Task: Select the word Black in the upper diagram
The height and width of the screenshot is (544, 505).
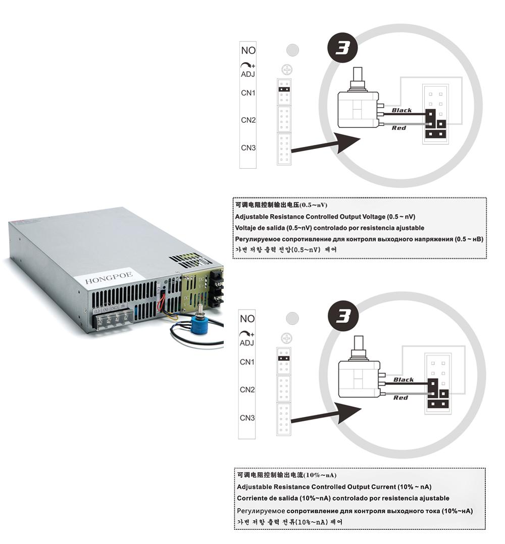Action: [402, 110]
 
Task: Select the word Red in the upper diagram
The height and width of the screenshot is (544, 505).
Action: [399, 128]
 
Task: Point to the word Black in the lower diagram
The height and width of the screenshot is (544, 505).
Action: [403, 380]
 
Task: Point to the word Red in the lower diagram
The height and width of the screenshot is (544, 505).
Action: [400, 398]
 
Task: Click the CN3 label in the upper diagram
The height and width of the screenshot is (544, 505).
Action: [248, 148]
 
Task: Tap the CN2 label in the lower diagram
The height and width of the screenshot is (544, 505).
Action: [248, 390]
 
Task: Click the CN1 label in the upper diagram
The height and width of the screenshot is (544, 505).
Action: [248, 93]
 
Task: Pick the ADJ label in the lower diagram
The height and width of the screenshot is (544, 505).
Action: [247, 343]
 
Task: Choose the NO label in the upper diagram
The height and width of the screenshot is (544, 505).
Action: [248, 51]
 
